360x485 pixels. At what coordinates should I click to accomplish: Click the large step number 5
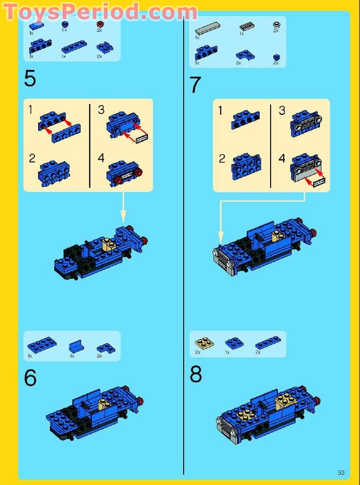30,78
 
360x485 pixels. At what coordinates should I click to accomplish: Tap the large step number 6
30,378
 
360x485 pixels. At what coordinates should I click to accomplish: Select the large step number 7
195,85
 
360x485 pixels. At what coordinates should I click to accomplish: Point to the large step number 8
196,375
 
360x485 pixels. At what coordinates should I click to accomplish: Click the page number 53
341,472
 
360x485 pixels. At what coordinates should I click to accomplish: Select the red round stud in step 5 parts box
100,23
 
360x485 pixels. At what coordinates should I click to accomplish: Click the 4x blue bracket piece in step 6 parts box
75,347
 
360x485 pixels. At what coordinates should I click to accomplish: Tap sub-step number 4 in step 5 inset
101,158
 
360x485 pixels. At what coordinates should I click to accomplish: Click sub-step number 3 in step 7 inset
282,111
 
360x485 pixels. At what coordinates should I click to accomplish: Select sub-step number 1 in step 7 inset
220,111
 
